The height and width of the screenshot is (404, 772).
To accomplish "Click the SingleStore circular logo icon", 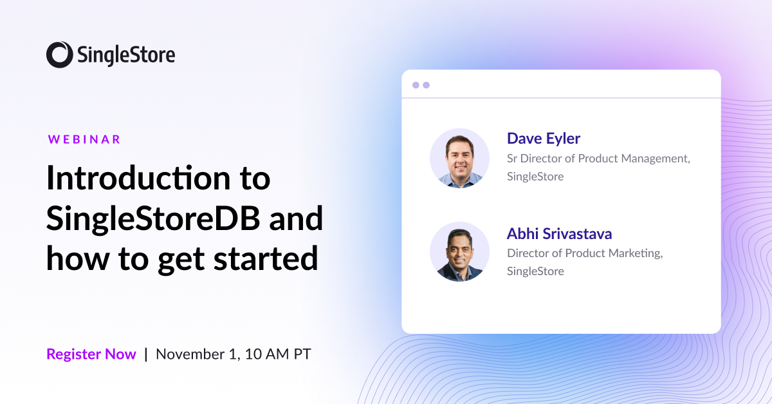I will click(59, 55).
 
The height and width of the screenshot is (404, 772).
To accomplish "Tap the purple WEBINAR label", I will click(84, 139).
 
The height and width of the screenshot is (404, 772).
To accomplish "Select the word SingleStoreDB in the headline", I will click(153, 219).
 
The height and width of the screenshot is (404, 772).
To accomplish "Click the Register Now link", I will click(91, 354).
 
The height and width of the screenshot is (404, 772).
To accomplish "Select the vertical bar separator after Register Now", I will click(146, 354).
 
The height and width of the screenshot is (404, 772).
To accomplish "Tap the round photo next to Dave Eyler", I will click(459, 158).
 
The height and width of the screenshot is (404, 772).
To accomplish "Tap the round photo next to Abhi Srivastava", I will click(459, 252).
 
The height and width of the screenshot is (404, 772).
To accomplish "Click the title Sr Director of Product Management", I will click(598, 159).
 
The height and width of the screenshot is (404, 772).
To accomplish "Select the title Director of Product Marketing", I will click(584, 253).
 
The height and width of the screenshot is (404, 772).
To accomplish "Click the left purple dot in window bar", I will click(416, 85).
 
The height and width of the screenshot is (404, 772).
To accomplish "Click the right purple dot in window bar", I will click(426, 85).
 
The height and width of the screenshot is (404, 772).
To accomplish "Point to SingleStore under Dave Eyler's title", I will click(535, 177).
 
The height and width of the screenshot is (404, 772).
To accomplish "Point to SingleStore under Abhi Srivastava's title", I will click(535, 271).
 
